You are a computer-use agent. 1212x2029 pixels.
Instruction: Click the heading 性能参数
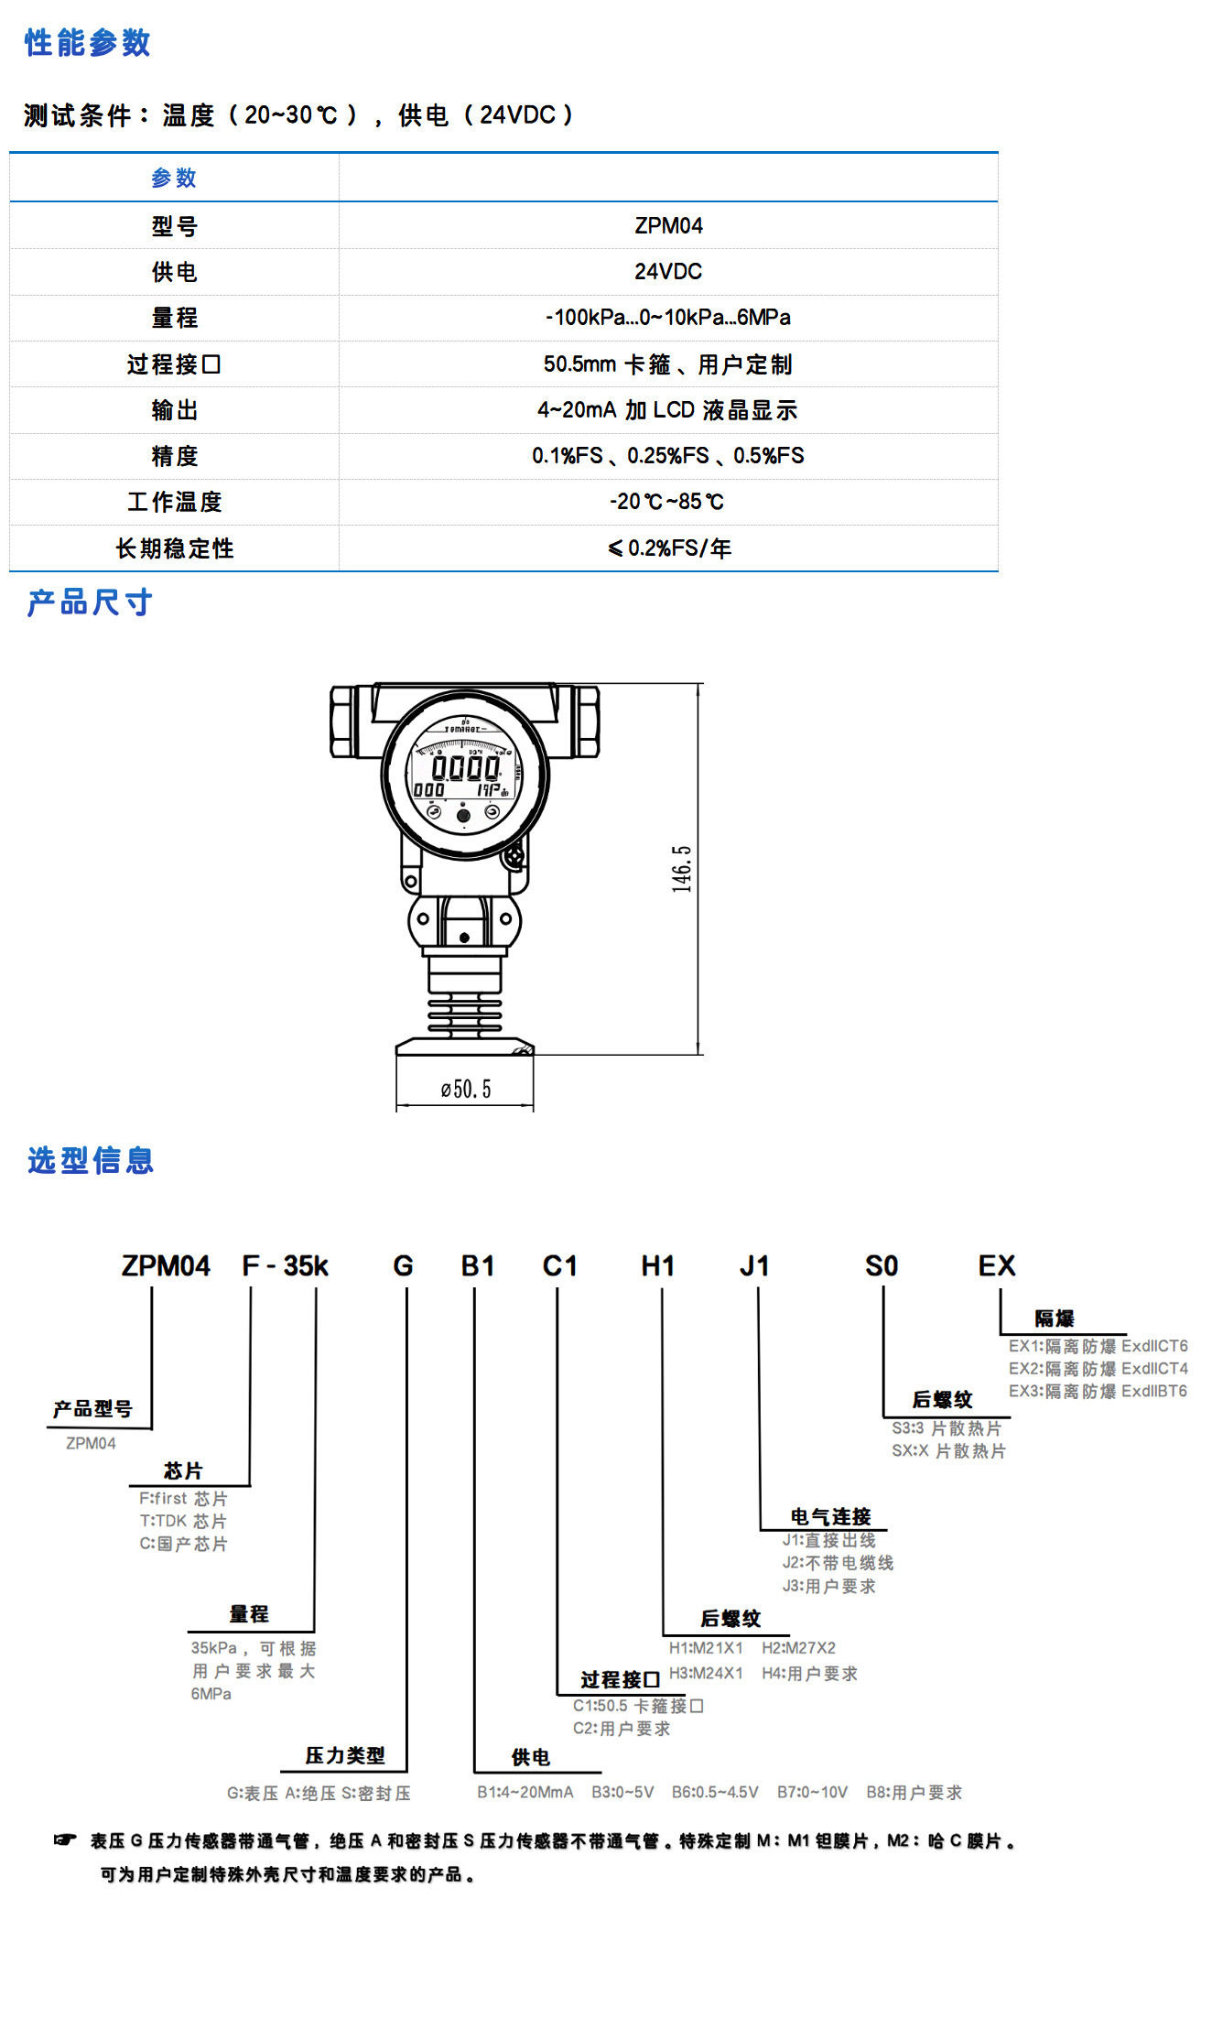[x=87, y=43]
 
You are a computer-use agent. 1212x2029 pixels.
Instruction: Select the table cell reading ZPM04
[x=668, y=226]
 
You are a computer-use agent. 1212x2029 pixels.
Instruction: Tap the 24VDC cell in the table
[x=668, y=272]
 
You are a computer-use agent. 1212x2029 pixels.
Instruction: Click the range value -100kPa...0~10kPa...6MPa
[x=668, y=318]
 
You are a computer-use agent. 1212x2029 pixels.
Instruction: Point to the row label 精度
[x=174, y=456]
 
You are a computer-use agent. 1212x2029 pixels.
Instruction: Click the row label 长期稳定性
[x=174, y=548]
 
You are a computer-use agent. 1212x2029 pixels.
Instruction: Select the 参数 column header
[x=174, y=179]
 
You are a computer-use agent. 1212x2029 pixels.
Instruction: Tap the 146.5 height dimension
[x=682, y=868]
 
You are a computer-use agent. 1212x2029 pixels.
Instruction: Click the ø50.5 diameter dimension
[x=465, y=1090]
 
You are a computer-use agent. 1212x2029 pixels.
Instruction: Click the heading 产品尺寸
[x=90, y=602]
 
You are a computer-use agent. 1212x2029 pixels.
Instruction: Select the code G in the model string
[x=403, y=1266]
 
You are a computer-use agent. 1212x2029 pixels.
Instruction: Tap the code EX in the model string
[x=996, y=1266]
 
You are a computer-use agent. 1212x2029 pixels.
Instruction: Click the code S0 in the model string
[x=882, y=1266]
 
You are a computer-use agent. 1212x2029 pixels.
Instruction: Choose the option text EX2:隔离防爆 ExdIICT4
[x=1098, y=1369]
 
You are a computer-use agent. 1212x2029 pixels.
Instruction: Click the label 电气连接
[x=830, y=1517]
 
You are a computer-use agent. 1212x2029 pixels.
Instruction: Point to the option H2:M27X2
[x=798, y=1648]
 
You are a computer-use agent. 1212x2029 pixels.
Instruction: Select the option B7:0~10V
[x=812, y=1792]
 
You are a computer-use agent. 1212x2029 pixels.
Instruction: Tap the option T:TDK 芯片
[x=183, y=1521]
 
